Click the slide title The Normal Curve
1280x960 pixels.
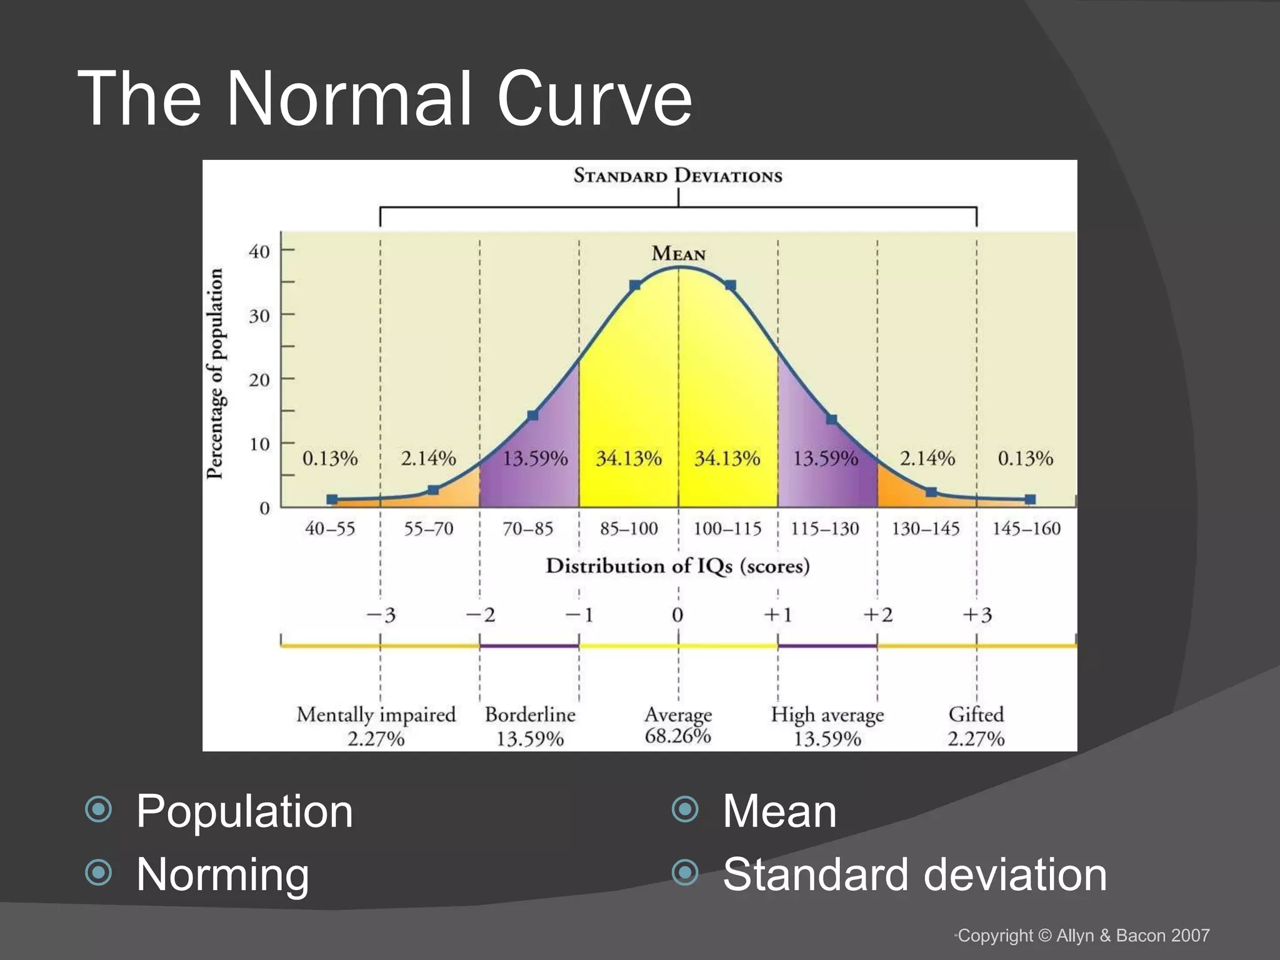[384, 99]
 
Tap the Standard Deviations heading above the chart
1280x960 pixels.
[677, 176]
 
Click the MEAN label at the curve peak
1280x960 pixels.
[678, 254]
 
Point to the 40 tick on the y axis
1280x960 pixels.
[259, 252]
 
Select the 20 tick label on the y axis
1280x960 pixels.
[259, 380]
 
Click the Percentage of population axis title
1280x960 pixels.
[214, 374]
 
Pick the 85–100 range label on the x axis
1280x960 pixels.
[629, 529]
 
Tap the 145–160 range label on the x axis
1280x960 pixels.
[1026, 529]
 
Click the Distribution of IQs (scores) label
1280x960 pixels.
[677, 566]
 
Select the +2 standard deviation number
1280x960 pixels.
[877, 615]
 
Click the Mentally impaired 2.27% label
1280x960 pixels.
[376, 726]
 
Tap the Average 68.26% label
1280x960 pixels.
[678, 724]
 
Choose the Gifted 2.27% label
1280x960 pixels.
[976, 726]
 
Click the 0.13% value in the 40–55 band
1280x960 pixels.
[330, 459]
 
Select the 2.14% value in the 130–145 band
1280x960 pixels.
[927, 459]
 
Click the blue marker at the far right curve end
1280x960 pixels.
[1030, 499]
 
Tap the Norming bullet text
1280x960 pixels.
[222, 874]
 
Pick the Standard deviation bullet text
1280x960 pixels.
[914, 874]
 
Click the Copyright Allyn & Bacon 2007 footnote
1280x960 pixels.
[1083, 936]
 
